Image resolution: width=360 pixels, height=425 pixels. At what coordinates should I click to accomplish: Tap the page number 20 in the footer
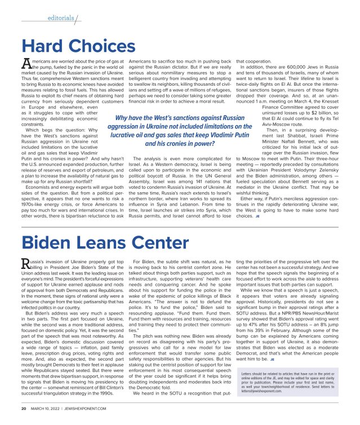coord(24,408)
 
